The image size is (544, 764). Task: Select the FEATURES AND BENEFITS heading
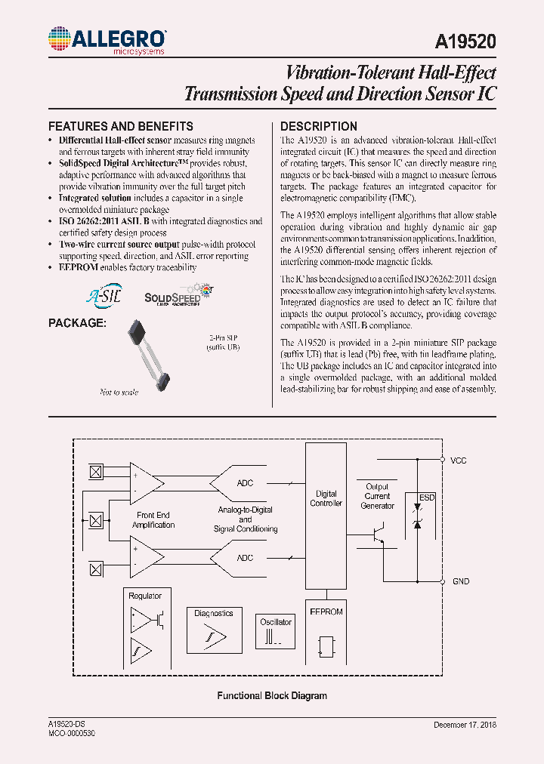coord(120,127)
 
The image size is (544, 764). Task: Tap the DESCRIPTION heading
coord(318,127)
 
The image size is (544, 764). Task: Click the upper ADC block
coord(245,483)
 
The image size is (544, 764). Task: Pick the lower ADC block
coord(245,558)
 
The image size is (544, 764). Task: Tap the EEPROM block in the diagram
coord(326,635)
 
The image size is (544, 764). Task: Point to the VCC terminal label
coord(459,460)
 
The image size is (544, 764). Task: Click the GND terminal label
coord(460,581)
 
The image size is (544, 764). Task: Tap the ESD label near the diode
coord(428,498)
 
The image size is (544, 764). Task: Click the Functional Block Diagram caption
coord(272,696)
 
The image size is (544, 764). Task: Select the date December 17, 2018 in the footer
coord(465,725)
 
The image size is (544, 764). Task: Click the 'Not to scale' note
coord(119,392)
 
